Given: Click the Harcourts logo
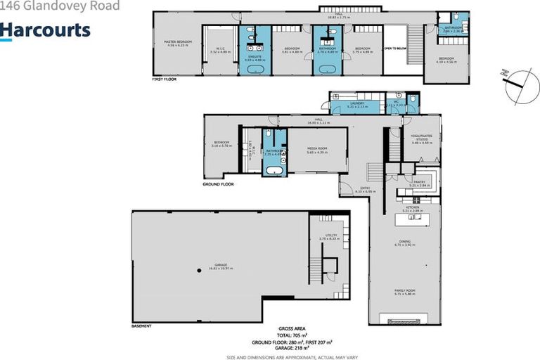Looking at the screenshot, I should [x=45, y=30].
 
